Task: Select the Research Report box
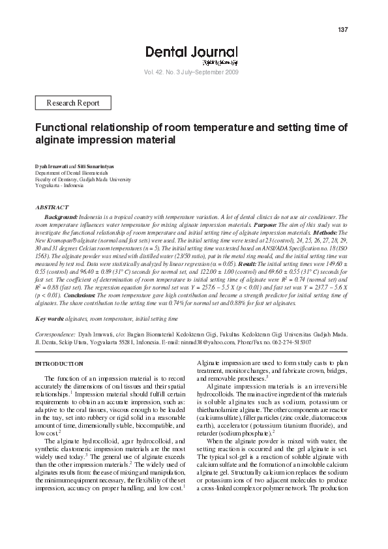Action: (73, 103)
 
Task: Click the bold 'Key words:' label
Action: (50, 319)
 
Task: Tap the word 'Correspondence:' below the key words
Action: (56, 334)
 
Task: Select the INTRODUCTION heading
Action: (59, 363)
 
